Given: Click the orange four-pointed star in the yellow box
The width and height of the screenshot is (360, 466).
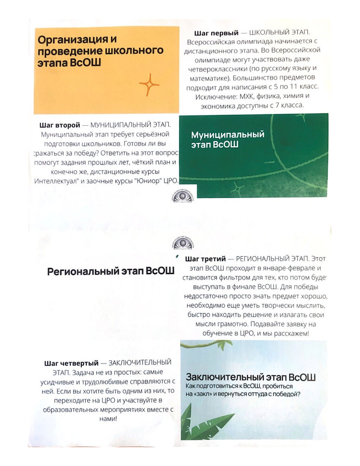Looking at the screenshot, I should [149, 84].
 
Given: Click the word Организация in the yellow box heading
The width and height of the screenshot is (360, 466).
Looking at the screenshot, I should [72, 39].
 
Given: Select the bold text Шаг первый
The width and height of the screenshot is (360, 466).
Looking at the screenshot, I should [216, 33].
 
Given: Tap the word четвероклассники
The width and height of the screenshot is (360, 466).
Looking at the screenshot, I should [218, 69].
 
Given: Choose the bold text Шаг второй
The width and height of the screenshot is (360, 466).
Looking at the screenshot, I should [60, 125].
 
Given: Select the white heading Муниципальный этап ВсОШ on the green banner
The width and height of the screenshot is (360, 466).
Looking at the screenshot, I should [227, 139].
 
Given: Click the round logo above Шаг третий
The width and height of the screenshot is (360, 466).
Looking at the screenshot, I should [182, 243].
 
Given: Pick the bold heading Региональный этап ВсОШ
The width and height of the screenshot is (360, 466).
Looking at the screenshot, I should [111, 271].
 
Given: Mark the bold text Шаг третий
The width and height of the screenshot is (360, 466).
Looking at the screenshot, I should [205, 259].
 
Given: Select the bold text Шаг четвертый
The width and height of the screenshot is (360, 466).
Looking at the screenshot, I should [71, 363].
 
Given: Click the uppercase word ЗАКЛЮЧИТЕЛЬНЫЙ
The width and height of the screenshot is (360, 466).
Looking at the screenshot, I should [140, 363].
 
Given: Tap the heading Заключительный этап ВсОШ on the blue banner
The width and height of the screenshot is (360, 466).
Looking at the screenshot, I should [250, 377].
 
